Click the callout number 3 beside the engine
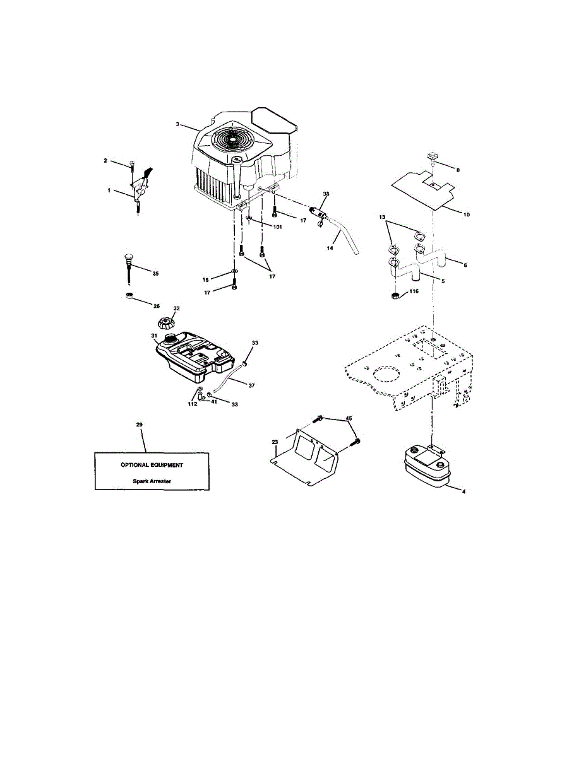click(x=178, y=124)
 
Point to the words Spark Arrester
click(x=152, y=481)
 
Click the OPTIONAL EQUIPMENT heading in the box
click(x=152, y=465)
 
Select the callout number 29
click(x=140, y=425)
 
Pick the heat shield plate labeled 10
click(x=423, y=189)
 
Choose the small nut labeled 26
click(x=128, y=296)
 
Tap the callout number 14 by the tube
click(x=330, y=249)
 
